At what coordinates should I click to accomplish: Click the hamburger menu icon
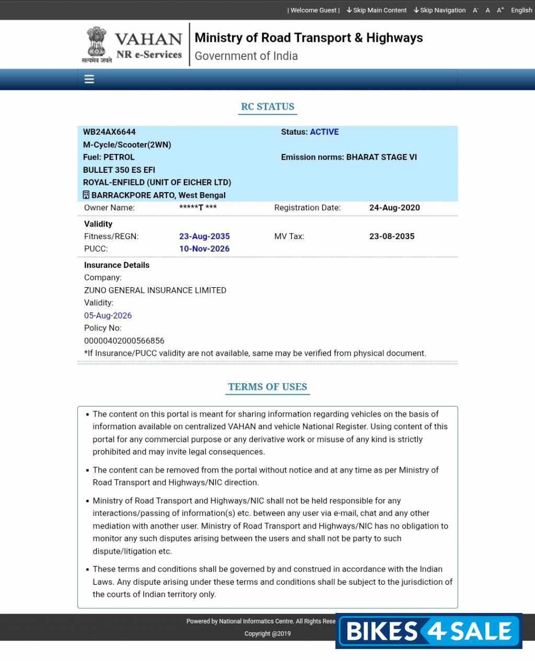pyautogui.click(x=89, y=79)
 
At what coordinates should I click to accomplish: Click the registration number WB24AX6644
pyautogui.click(x=109, y=132)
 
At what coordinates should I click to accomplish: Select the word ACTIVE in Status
pyautogui.click(x=324, y=132)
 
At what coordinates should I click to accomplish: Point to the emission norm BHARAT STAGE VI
pyautogui.click(x=381, y=157)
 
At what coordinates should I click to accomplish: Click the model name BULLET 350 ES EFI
pyautogui.click(x=119, y=170)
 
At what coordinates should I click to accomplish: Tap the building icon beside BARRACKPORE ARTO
pyautogui.click(x=86, y=195)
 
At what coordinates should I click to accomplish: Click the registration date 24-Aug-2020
pyautogui.click(x=394, y=207)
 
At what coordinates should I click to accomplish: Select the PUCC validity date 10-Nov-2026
pyautogui.click(x=204, y=249)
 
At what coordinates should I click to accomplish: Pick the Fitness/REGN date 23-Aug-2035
pyautogui.click(x=204, y=236)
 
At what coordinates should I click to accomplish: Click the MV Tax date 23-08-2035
pyautogui.click(x=392, y=236)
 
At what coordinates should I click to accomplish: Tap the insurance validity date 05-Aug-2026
pyautogui.click(x=108, y=315)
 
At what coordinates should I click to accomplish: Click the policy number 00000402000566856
pyautogui.click(x=124, y=340)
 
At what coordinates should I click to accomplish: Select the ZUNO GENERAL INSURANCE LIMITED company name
pyautogui.click(x=155, y=290)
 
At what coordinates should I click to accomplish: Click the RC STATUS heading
pyautogui.click(x=267, y=107)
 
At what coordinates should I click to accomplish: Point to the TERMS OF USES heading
pyautogui.click(x=267, y=387)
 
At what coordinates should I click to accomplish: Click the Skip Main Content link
pyautogui.click(x=377, y=10)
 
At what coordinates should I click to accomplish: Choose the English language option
pyautogui.click(x=521, y=10)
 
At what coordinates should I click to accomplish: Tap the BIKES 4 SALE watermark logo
pyautogui.click(x=429, y=631)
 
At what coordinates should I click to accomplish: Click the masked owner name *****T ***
pyautogui.click(x=198, y=207)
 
